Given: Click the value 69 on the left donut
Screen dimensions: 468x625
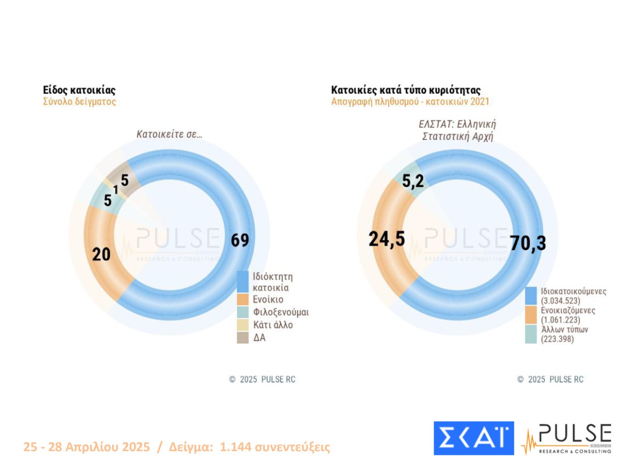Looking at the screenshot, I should tap(240, 240).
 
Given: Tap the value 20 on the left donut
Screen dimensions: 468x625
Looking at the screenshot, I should tap(101, 254).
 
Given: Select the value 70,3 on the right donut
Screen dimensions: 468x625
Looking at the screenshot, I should tap(528, 243).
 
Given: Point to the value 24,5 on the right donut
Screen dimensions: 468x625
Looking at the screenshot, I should tap(387, 239).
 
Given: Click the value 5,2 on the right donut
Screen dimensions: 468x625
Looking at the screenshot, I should tap(413, 181).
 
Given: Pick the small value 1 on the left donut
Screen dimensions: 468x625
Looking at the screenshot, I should tap(116, 189).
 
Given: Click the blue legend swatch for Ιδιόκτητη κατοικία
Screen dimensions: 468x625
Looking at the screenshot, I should tap(243, 281).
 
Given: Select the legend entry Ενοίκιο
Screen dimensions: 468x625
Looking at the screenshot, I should tap(268, 300).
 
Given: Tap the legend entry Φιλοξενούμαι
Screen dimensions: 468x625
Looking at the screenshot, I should tap(281, 312).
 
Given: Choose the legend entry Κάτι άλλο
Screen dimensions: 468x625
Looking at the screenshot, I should tap(273, 325).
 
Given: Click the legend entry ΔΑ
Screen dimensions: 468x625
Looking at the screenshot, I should tap(259, 338).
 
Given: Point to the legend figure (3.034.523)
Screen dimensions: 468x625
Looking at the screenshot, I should tap(560, 301).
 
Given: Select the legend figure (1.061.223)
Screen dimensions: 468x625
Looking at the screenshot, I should tap(560, 320).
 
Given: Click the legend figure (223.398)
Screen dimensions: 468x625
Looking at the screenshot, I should tap(557, 339).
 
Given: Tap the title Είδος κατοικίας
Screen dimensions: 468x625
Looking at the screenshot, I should tap(79, 90).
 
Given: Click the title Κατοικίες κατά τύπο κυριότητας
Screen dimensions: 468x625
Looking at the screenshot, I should tap(406, 90).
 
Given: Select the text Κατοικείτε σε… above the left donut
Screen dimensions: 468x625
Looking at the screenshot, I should tap(169, 134).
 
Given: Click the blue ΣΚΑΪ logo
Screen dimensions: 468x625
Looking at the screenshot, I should tap(473, 438).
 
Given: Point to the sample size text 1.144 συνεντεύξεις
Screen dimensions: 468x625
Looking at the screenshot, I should tap(275, 447).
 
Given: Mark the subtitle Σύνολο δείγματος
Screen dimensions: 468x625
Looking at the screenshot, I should tap(80, 101).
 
